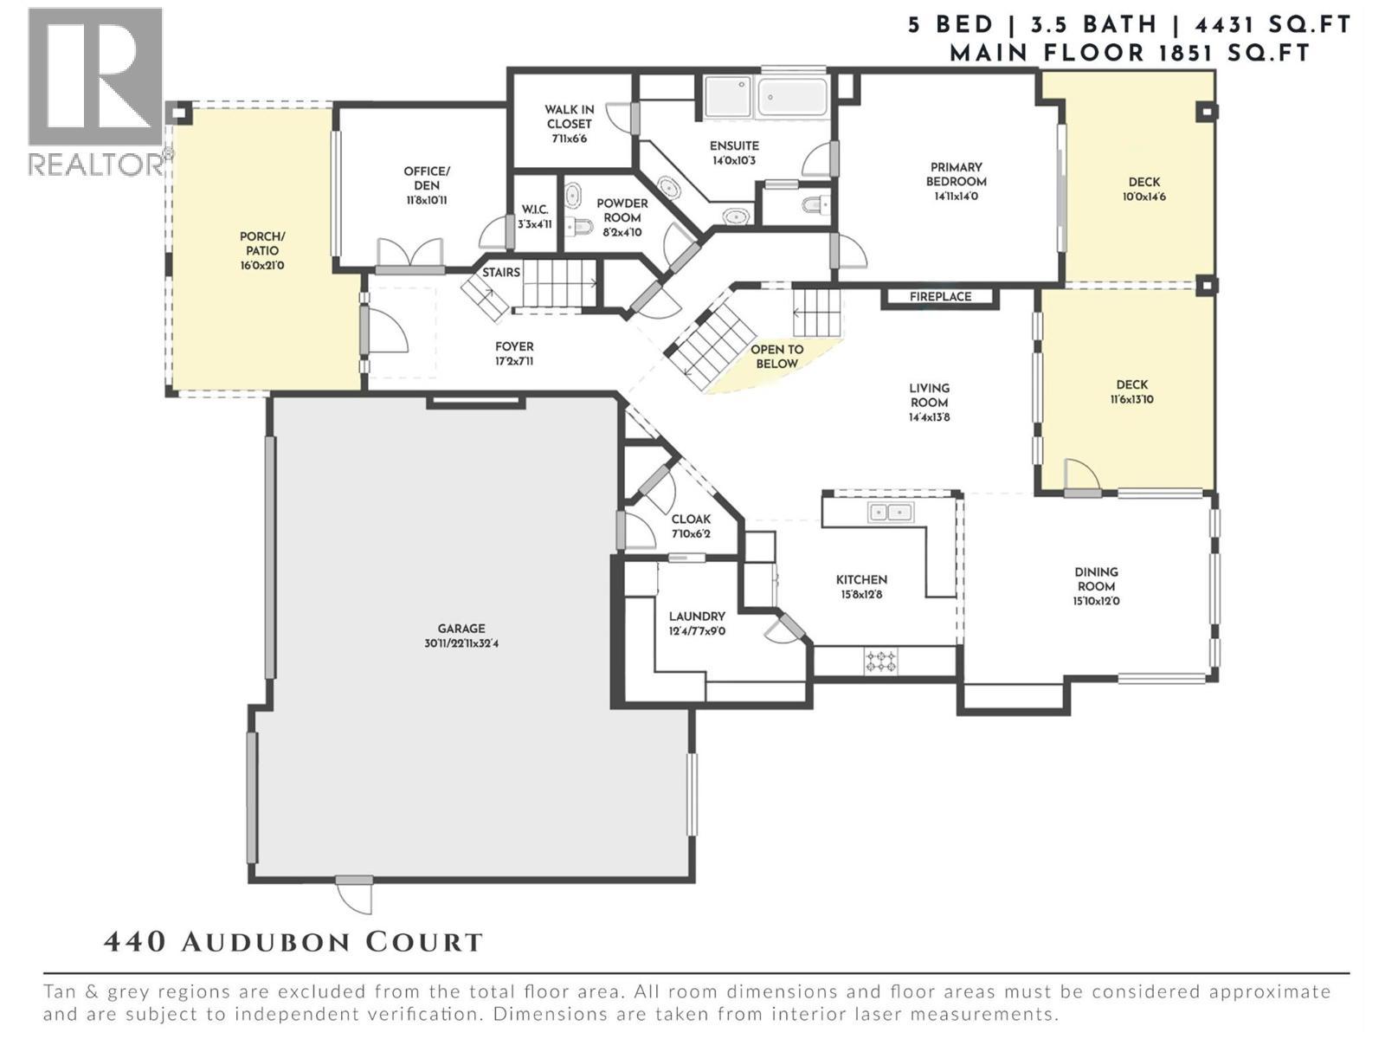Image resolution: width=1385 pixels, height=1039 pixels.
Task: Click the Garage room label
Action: (x=461, y=629)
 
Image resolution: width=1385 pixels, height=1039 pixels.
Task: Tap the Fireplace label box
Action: (x=940, y=297)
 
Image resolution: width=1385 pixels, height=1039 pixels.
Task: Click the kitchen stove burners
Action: (x=881, y=662)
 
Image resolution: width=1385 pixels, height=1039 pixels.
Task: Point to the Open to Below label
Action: (x=776, y=356)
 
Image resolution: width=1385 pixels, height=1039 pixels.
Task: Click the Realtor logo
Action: (x=95, y=91)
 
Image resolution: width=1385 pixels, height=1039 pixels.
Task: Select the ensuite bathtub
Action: (x=792, y=97)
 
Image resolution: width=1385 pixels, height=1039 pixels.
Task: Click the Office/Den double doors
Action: (x=409, y=256)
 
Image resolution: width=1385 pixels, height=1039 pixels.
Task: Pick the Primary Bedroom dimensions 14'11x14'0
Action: (x=956, y=197)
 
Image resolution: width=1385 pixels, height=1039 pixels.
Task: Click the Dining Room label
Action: (x=1096, y=578)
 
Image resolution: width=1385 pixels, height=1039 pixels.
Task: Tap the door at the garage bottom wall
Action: (x=354, y=892)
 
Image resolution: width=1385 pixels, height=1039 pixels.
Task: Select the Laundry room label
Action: (x=697, y=616)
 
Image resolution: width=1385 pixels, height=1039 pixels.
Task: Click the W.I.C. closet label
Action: (x=534, y=210)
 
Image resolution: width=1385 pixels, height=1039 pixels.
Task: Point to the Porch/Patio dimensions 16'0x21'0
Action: (x=262, y=266)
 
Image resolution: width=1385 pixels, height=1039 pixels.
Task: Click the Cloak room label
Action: (x=691, y=519)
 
